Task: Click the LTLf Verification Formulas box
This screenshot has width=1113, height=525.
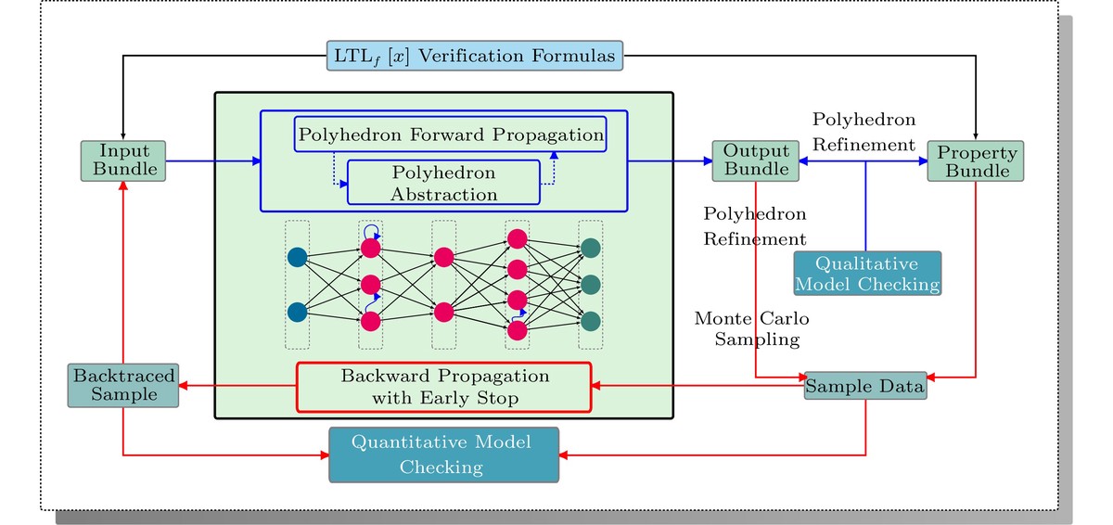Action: point(474,56)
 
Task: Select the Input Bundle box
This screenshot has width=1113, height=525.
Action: point(122,160)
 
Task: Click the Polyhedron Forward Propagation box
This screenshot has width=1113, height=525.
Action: point(450,135)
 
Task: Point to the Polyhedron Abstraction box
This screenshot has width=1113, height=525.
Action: point(443,183)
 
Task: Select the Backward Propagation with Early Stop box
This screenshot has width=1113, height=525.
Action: point(443,387)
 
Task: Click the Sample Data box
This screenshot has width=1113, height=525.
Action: point(865,387)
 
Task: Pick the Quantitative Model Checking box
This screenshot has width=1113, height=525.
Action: point(444,455)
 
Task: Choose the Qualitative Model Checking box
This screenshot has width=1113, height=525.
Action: point(867,273)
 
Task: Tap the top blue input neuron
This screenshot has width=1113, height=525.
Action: point(297,257)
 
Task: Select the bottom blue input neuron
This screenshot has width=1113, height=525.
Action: point(297,312)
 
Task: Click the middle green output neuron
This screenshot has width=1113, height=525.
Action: point(591,284)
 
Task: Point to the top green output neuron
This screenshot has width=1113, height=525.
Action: point(591,249)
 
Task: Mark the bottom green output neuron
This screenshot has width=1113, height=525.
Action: point(591,321)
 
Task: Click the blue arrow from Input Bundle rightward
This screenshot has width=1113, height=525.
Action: point(213,161)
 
